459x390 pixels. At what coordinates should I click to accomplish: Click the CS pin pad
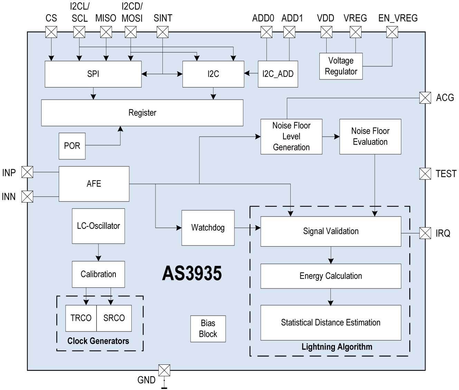click(51, 32)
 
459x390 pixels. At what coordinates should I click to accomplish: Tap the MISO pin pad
click(106, 32)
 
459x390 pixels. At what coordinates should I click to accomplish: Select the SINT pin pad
click(162, 32)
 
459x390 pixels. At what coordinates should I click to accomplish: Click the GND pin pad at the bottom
click(164, 370)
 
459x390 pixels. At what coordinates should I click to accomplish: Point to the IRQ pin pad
click(425, 233)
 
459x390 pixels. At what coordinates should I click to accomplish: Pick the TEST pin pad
click(425, 174)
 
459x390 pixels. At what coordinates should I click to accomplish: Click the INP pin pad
click(27, 172)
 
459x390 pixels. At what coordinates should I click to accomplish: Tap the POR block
click(72, 146)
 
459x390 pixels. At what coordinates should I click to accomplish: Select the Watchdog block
click(208, 228)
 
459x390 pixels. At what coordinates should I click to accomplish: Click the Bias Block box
click(208, 329)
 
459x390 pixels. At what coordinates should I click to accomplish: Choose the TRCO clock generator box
click(81, 318)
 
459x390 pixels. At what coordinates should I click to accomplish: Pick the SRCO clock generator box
click(114, 318)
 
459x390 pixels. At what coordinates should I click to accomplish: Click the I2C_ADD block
click(278, 74)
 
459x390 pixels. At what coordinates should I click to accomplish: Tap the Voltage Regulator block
click(341, 66)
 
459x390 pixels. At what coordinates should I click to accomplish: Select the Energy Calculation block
click(331, 276)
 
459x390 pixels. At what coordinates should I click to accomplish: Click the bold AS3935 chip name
click(192, 273)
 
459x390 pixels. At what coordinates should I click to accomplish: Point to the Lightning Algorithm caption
click(337, 347)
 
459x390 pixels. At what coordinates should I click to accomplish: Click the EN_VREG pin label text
click(398, 18)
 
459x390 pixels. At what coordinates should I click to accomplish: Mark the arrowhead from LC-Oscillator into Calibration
click(99, 258)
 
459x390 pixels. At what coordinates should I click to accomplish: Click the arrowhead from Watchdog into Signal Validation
click(258, 228)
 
